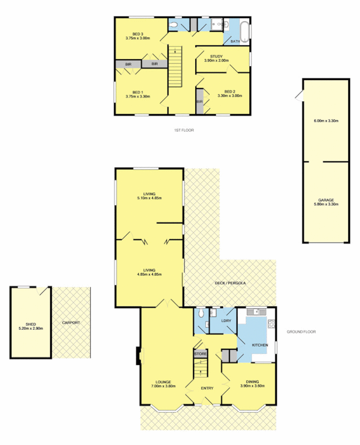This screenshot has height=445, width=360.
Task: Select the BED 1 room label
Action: tap(138, 92)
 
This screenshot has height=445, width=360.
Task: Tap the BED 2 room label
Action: tap(230, 91)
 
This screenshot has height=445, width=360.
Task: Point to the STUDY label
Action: tap(216, 56)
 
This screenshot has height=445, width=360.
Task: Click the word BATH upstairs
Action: tap(235, 41)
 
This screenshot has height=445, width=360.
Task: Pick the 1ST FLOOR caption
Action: tap(184, 130)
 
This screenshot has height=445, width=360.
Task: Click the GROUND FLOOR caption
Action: tap(301, 332)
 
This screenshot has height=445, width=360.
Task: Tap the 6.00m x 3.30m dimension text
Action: tap(326, 121)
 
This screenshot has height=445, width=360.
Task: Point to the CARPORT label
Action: tap(71, 323)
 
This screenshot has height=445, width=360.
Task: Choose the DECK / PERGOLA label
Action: tap(230, 283)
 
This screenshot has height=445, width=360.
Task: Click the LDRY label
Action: tap(226, 321)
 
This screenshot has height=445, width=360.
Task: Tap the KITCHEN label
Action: tap(260, 345)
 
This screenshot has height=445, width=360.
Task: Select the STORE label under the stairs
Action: tap(200, 353)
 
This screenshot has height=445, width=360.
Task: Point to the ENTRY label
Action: tap(207, 388)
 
